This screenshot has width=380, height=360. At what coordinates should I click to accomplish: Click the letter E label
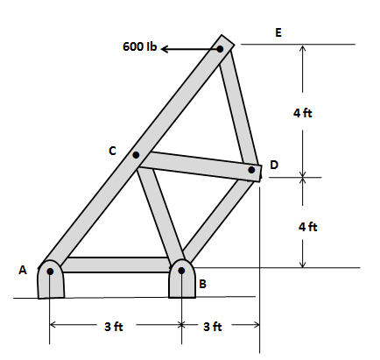278,33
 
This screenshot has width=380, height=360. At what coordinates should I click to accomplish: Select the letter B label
203,283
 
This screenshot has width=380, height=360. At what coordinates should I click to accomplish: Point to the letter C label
112,151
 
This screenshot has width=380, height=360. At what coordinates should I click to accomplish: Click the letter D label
274,165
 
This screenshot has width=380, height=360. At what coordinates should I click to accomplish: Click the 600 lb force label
139,46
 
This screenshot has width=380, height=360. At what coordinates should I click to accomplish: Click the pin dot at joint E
221,48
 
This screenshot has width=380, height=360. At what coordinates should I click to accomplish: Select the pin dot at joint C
136,156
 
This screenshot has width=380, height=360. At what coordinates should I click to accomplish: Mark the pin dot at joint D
251,170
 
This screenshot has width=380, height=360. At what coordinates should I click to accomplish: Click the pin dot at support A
51,272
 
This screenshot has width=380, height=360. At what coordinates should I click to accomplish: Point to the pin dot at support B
181,271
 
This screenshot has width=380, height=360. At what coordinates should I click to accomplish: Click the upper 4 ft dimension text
306,114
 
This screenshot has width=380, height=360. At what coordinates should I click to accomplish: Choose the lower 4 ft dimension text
306,226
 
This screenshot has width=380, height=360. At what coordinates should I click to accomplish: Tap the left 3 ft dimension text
114,327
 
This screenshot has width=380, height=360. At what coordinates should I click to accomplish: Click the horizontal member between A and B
116,265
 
